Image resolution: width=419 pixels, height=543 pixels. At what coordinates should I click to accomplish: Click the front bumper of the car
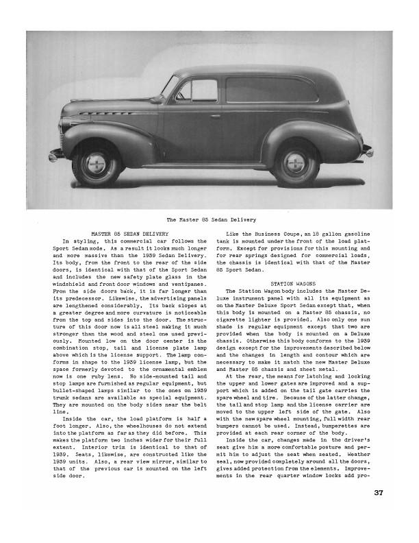[x=57, y=156]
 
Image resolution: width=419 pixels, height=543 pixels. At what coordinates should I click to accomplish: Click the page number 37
[x=379, y=511]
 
